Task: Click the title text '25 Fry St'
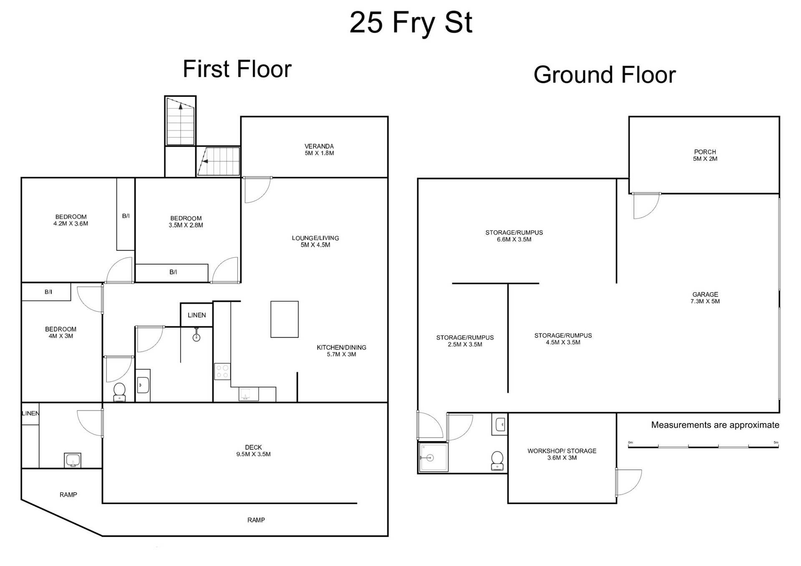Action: pyautogui.click(x=411, y=23)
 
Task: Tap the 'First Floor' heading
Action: pyautogui.click(x=237, y=69)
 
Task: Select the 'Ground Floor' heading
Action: pyautogui.click(x=605, y=75)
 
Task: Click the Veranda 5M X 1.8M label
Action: pyautogui.click(x=319, y=150)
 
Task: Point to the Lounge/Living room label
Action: pyautogui.click(x=315, y=241)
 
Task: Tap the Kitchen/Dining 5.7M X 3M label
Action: pyautogui.click(x=341, y=351)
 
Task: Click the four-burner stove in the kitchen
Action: pyautogui.click(x=222, y=371)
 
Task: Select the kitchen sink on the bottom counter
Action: pyautogui.click(x=245, y=394)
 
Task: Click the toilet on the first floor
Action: pyautogui.click(x=120, y=392)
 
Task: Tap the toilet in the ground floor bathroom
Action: pyautogui.click(x=497, y=461)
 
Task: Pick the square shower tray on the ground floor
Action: pyautogui.click(x=433, y=457)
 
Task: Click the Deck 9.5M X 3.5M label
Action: pyautogui.click(x=253, y=451)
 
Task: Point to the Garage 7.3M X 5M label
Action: pyautogui.click(x=705, y=298)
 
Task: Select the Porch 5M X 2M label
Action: pyautogui.click(x=705, y=155)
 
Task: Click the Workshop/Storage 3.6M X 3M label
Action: pyautogui.click(x=562, y=454)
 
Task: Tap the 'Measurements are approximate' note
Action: pyautogui.click(x=715, y=425)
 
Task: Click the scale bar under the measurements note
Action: pyautogui.click(x=703, y=446)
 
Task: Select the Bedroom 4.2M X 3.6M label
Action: pyautogui.click(x=71, y=220)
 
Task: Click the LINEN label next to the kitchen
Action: pyautogui.click(x=196, y=315)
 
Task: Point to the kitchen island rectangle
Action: pyautogui.click(x=285, y=319)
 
